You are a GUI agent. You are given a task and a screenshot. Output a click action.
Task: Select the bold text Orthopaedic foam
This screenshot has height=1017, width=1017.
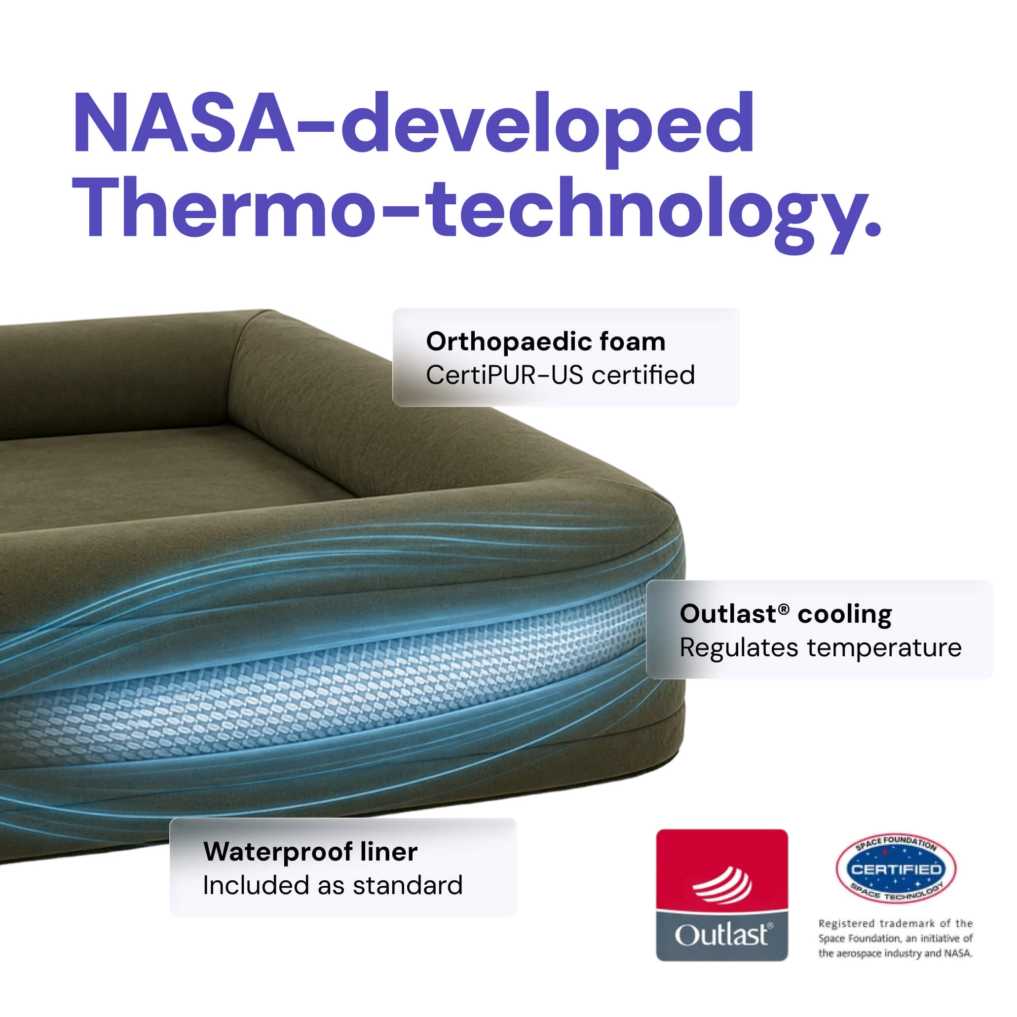pos(546,341)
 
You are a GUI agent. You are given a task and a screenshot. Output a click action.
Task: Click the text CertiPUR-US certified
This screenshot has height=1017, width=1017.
pos(560,376)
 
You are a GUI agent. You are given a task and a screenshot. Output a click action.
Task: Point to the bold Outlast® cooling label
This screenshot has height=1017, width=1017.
pos(786,614)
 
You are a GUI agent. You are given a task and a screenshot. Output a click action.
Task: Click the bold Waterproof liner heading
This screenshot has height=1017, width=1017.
pos(310,852)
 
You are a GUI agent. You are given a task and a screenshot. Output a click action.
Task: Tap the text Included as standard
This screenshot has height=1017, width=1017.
pos(333,885)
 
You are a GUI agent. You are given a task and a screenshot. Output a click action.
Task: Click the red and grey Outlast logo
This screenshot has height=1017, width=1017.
pos(722,895)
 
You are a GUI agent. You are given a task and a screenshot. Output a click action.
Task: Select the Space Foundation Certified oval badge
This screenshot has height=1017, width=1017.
pos(896,869)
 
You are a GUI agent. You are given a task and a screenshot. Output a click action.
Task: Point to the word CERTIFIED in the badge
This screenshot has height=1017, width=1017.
pos(896,869)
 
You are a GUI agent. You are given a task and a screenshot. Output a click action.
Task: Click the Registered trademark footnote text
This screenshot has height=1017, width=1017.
pos(896,938)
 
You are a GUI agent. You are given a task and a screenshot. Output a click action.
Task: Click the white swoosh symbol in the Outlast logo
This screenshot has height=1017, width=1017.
pos(722,884)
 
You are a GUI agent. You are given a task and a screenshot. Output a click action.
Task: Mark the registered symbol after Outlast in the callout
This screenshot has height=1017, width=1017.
pos(784,608)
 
